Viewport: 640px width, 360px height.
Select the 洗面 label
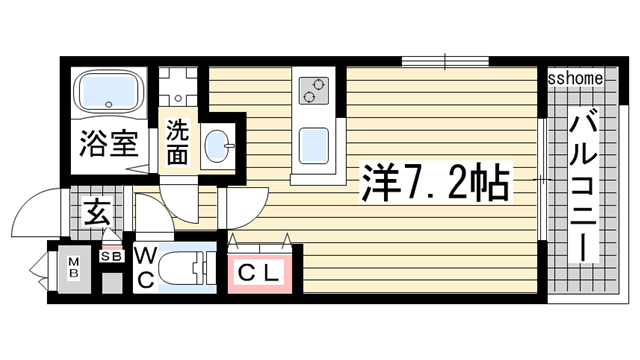coord(178,142)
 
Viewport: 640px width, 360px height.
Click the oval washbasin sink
coord(217,147)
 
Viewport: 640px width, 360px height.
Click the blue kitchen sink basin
coord(314,147)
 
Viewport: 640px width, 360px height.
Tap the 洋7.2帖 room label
coord(434,183)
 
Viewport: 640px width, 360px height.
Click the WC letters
coord(145,268)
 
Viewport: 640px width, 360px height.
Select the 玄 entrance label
coord(97,212)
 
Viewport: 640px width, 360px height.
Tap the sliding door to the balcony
coord(541,180)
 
